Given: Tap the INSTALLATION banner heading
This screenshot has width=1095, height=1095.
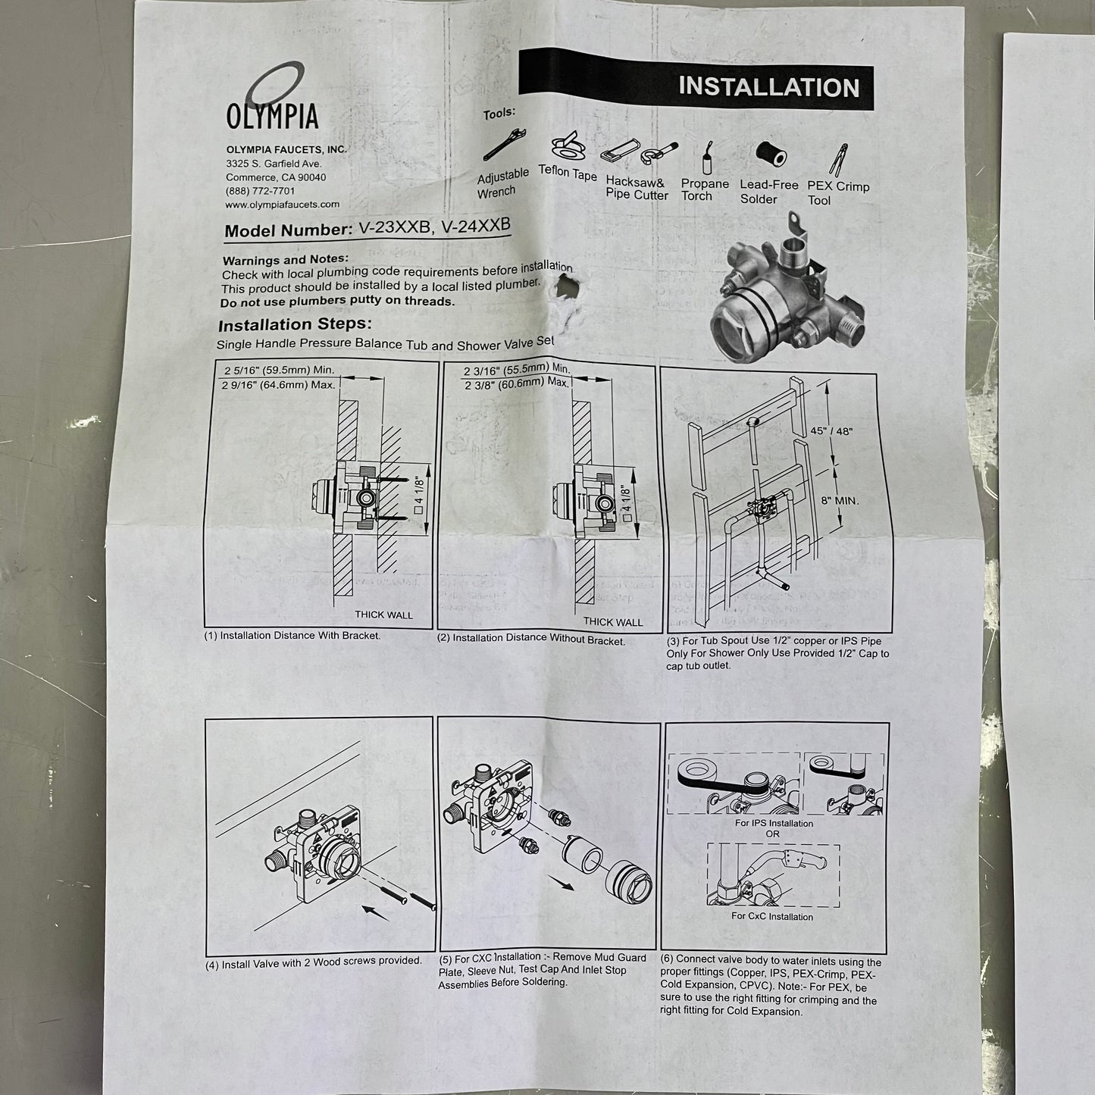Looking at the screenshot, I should [768, 86].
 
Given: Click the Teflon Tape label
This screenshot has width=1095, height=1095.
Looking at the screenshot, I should [568, 173].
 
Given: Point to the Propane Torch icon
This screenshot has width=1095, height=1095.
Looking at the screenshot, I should [706, 158].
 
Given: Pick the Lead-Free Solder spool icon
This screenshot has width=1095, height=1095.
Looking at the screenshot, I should [771, 155].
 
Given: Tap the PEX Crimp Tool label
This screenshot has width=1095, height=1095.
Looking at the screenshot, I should [837, 193].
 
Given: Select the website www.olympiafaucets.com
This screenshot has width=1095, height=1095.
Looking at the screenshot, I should [282, 205].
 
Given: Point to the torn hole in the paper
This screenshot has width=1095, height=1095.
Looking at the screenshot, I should [567, 288].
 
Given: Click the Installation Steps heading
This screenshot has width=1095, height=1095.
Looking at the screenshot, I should [295, 325].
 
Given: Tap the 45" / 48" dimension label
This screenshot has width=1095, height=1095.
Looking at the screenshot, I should [831, 431].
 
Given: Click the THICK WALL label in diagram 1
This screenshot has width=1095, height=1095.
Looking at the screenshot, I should [383, 615].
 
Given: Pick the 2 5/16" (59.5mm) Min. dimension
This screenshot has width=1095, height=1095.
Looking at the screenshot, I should [279, 371].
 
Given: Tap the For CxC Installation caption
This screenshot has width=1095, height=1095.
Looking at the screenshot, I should [771, 916].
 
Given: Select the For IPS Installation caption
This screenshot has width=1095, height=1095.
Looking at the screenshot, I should [773, 823].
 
